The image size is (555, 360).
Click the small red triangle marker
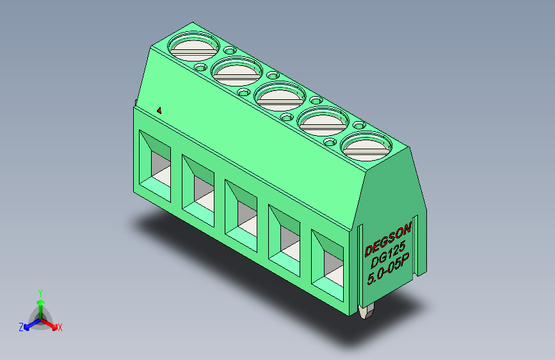coord(159,110)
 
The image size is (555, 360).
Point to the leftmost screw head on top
coord(193,46)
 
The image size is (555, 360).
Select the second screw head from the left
coord(237,70)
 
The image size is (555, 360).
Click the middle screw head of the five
coord(280,96)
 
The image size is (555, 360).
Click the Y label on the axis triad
coord(40,291)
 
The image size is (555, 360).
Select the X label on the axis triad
coord(60,327)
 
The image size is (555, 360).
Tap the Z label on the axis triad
coord(21,327)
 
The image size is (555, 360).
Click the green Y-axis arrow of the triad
coord(40,305)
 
